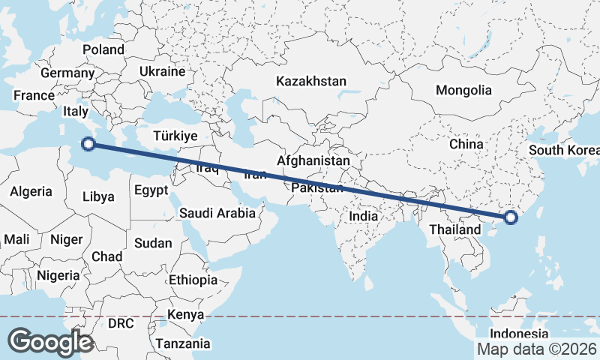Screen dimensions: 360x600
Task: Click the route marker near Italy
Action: (x=89, y=143)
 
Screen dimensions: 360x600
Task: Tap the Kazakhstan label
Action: (x=310, y=81)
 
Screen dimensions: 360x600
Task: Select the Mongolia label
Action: (x=463, y=91)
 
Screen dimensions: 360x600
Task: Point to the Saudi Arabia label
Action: (x=217, y=214)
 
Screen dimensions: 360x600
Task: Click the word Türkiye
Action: (x=175, y=136)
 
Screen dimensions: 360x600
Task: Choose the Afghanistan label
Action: (x=313, y=160)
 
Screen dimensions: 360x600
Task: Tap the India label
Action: (x=364, y=216)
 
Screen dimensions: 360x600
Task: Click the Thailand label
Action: (x=455, y=229)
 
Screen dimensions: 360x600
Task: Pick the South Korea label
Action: (x=565, y=149)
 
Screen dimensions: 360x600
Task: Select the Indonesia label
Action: (x=519, y=333)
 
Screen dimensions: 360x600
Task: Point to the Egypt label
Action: (x=151, y=190)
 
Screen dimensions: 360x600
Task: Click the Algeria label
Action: (x=31, y=191)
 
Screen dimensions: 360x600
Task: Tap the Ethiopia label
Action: (x=193, y=280)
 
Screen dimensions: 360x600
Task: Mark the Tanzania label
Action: (x=183, y=344)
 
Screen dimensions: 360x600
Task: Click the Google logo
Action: (x=49, y=342)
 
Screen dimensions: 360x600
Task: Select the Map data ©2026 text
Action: (x=536, y=349)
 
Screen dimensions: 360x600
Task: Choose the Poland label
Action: (x=103, y=49)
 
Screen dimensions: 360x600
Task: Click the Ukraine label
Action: (x=162, y=72)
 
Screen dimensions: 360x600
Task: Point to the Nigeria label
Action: (x=57, y=275)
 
